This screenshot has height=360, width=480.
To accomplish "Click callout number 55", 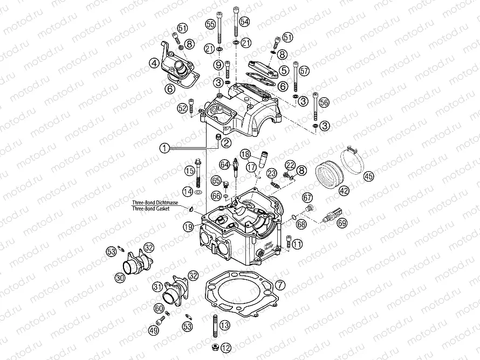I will (x=210, y=24).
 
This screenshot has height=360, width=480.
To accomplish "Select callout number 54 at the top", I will (x=245, y=22).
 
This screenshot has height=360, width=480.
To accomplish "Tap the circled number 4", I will (x=155, y=64).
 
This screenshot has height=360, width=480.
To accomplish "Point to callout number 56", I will (x=324, y=102).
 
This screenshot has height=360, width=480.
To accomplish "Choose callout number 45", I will (x=368, y=176).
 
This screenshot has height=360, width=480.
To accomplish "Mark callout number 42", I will (x=344, y=190).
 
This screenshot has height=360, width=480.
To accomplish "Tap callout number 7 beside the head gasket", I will (x=279, y=285).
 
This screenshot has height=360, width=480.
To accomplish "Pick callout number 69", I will (x=342, y=222).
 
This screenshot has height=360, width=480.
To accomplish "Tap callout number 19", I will (x=188, y=227).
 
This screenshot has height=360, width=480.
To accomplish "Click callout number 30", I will (x=119, y=278).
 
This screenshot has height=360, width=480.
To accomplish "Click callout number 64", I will (x=224, y=164).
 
